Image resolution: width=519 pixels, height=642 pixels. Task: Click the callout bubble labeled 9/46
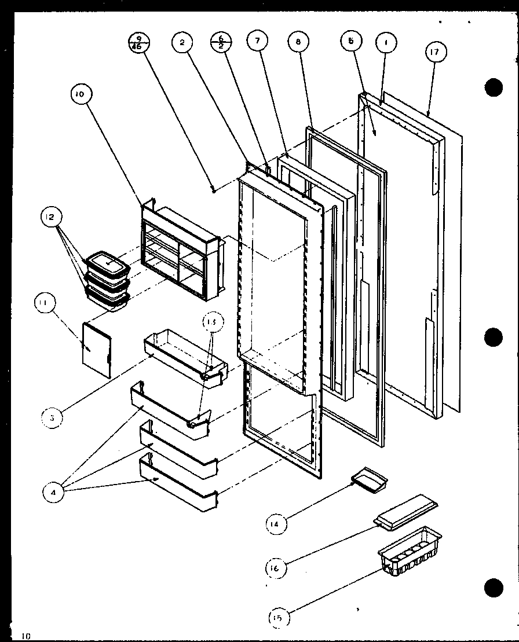[139, 43]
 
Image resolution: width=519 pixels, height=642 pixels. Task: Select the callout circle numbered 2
[182, 42]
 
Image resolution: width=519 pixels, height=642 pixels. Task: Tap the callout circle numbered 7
[257, 41]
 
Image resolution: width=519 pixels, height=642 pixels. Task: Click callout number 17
[435, 52]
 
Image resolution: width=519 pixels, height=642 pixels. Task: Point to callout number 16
[275, 568]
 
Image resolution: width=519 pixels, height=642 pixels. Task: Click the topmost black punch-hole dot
[493, 87]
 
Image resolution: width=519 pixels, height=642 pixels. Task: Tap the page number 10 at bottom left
[26, 636]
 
